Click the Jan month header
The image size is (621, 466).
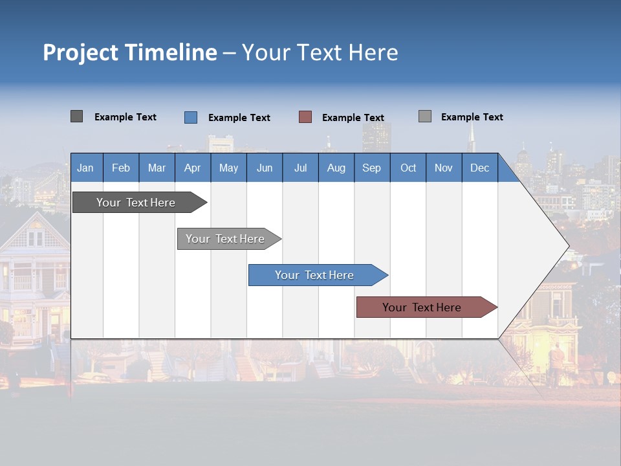coord(85,168)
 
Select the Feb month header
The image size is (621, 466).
coord(121,168)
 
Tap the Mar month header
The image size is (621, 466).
coord(157,168)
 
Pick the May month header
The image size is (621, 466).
coord(228,168)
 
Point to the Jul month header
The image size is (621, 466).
coord(300,168)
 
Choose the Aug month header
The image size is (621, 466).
coord(336,168)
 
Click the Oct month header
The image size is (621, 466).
coord(408,168)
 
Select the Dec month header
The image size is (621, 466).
coord(479,168)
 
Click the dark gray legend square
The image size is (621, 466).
coord(76,116)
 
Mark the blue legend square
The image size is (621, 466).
coord(191,117)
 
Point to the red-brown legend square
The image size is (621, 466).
coord(305,117)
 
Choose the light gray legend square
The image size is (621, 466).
coord(425,116)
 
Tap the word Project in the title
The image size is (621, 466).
coord(81,52)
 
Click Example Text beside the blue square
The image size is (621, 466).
coord(239,118)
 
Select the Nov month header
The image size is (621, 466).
coord(444,168)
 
